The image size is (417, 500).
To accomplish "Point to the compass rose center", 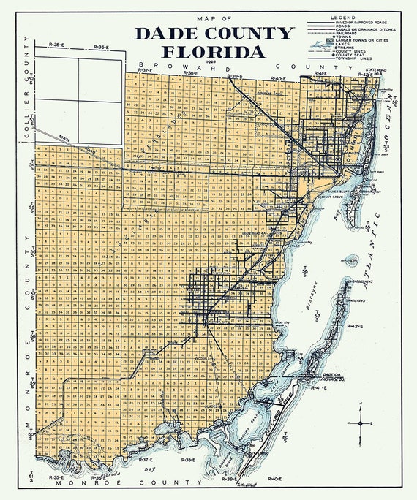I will click(x=361, y=423).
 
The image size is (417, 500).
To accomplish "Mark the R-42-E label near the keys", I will click(x=356, y=325).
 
